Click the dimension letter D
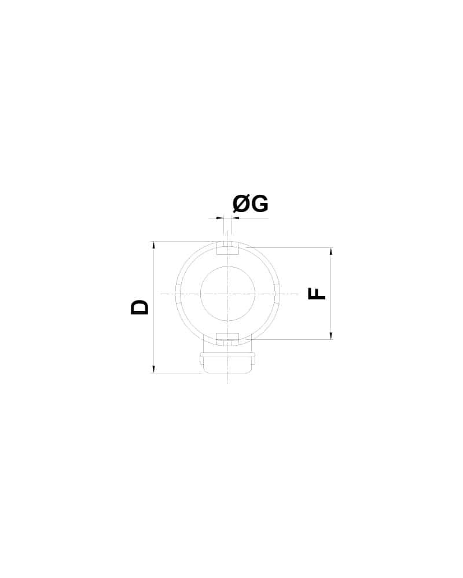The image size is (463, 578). tap(139, 307)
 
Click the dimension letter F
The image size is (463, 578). tap(317, 294)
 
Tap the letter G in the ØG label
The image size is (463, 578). tap(260, 204)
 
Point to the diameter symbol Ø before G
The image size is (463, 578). tap(242, 204)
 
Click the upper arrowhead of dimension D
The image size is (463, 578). tap(153, 246)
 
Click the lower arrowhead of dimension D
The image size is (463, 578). tap(153, 368)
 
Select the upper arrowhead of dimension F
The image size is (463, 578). tap(331, 252)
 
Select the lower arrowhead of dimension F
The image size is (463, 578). tap(331, 335)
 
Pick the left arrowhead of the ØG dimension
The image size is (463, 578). tap(220, 218)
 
